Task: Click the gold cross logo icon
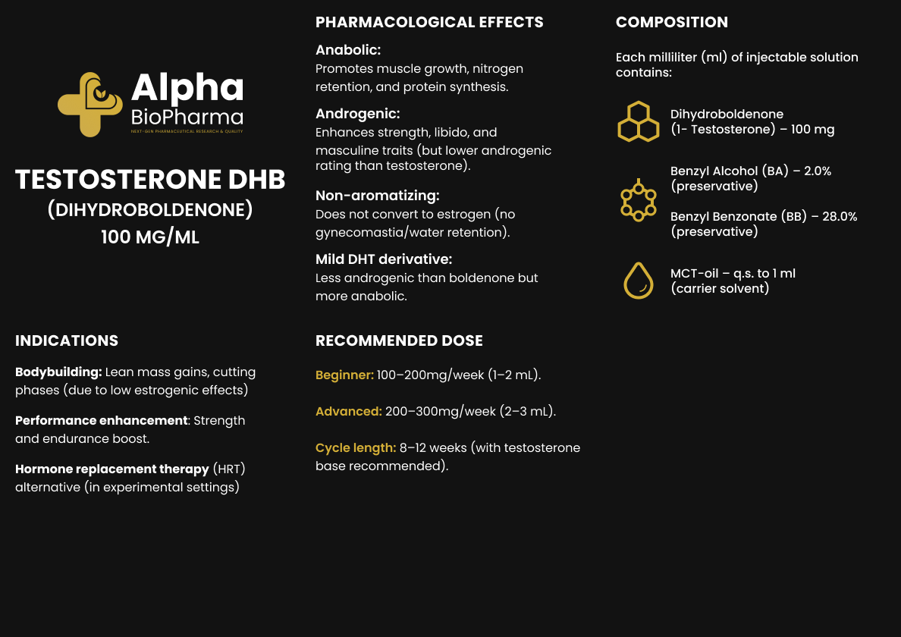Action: pyautogui.click(x=89, y=105)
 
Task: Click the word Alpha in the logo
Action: pyautogui.click(x=187, y=88)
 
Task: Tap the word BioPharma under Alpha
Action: pyautogui.click(x=187, y=117)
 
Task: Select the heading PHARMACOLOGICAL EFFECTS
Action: pyautogui.click(x=429, y=22)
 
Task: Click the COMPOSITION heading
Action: pyautogui.click(x=671, y=22)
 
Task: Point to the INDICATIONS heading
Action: pyautogui.click(x=67, y=340)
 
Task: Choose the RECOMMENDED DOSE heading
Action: pyautogui.click(x=399, y=340)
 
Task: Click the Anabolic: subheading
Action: pyautogui.click(x=348, y=50)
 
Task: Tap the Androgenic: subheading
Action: pyautogui.click(x=357, y=114)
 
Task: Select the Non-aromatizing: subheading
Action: pyautogui.click(x=378, y=196)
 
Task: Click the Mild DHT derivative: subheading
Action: pyautogui.click(x=384, y=259)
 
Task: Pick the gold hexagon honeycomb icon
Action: pyautogui.click(x=638, y=121)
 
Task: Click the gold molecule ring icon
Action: pyautogui.click(x=638, y=200)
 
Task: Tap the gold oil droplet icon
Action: pyautogui.click(x=638, y=281)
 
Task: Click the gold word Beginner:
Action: pyautogui.click(x=344, y=375)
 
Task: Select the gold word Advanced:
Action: pyautogui.click(x=348, y=412)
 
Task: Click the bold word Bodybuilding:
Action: pyautogui.click(x=58, y=372)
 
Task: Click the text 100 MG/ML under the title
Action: pyautogui.click(x=150, y=237)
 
